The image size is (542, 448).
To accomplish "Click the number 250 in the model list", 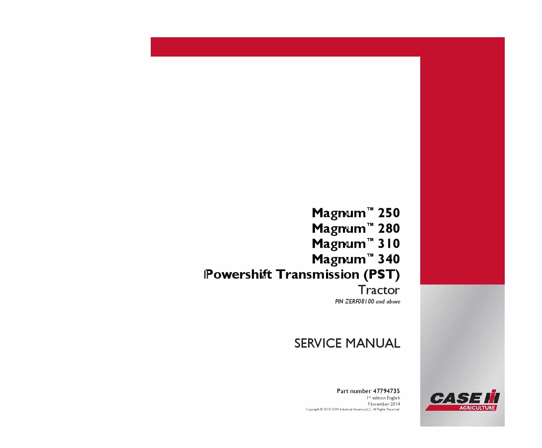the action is (388, 213).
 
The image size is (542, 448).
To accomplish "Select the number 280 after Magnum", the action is (388, 228).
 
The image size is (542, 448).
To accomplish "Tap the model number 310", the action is (388, 243).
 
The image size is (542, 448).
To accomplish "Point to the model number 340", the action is (388, 259).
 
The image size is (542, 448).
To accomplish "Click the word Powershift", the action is (238, 275).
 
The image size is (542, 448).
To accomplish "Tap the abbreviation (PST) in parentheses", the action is (382, 275).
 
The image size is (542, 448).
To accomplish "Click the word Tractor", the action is (379, 290).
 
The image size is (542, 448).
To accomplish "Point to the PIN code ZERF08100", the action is (359, 302).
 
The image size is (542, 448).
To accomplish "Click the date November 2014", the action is (384, 404).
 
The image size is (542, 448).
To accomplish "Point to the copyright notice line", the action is (353, 409).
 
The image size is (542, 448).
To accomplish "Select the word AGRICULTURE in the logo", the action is (477, 408).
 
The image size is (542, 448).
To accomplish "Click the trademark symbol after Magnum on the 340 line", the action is (370, 255).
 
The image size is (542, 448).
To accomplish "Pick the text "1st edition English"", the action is (383, 398).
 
